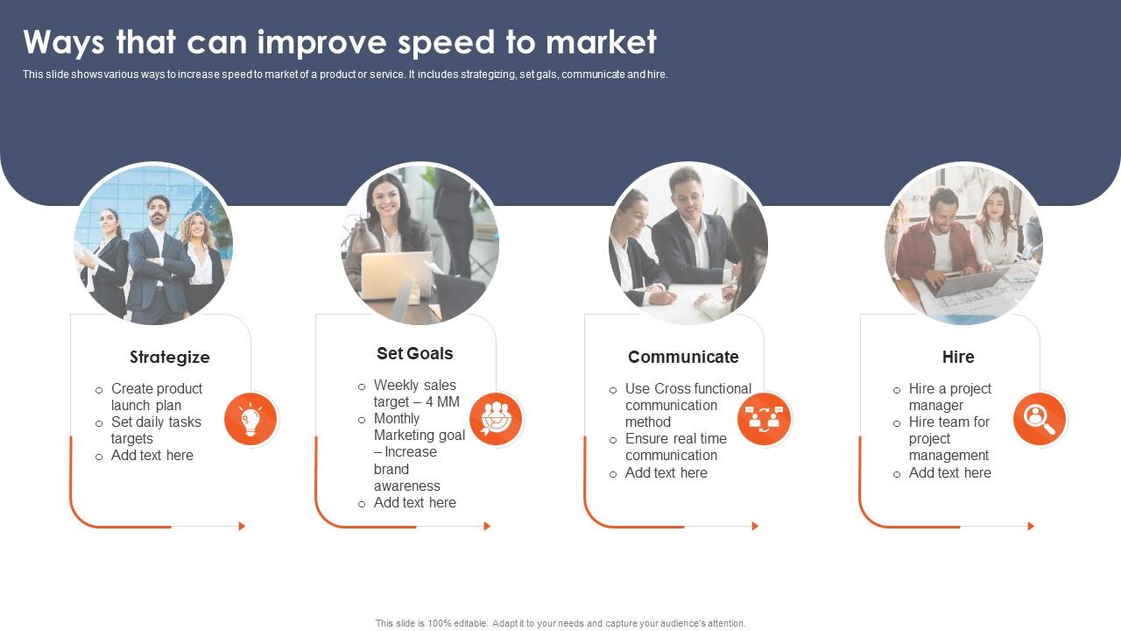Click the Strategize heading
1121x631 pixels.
(170, 357)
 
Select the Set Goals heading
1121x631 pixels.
(415, 353)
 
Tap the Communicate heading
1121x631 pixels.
(683, 357)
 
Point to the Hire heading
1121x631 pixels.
(958, 357)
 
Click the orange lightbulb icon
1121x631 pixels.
(250, 419)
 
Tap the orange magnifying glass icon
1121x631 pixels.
(1040, 419)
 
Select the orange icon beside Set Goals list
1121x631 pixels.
(496, 419)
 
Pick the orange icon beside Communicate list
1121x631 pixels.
(764, 419)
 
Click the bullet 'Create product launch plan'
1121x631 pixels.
(156, 397)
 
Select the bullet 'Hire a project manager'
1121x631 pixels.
(949, 397)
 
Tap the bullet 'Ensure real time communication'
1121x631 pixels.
(675, 447)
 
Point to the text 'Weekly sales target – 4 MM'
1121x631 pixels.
(416, 393)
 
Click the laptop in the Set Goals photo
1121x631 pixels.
(396, 274)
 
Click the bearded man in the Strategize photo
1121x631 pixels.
(158, 254)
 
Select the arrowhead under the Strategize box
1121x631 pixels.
(243, 526)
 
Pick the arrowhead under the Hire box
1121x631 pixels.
(1031, 526)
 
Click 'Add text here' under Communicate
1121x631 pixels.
(666, 473)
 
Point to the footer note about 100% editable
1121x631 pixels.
(560, 624)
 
